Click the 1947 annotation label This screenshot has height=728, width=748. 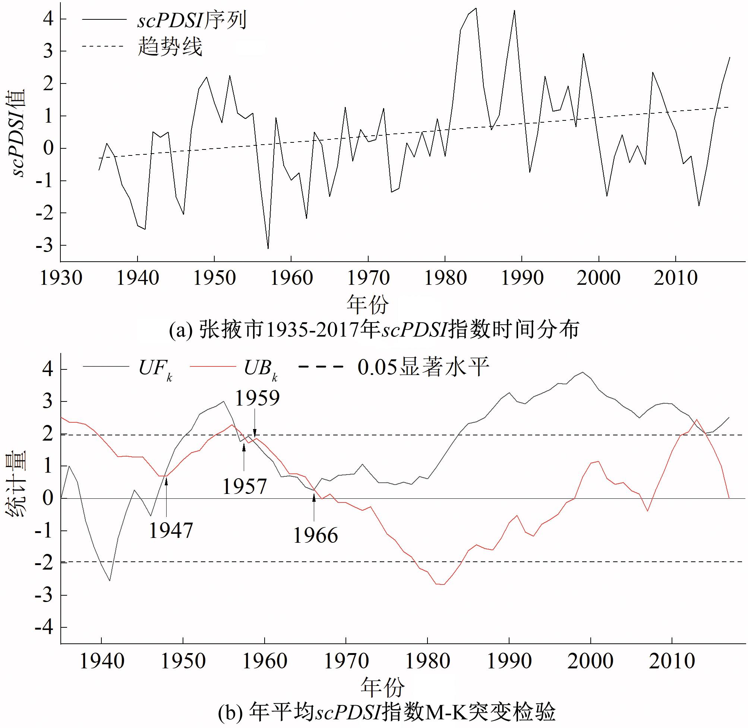170,530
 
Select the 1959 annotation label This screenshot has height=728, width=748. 257,398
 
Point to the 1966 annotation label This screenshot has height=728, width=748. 315,535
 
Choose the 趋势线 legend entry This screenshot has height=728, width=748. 170,47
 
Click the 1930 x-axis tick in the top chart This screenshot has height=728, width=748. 61,278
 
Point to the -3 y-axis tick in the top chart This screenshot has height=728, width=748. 45,246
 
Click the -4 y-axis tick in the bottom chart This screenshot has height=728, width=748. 45,627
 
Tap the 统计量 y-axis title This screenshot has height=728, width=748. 16,484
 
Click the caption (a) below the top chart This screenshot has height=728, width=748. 374,330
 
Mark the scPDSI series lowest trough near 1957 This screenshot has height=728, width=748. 268,248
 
